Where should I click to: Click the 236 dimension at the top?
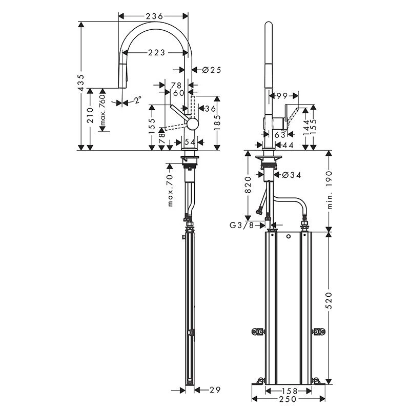(154, 16)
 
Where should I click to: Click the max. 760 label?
(102, 110)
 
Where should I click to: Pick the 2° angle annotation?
(137, 100)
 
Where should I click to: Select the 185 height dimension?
(218, 124)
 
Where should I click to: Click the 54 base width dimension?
(190, 141)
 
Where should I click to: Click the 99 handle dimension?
(281, 96)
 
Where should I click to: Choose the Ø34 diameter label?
(290, 175)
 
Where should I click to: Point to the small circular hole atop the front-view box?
(289, 237)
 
